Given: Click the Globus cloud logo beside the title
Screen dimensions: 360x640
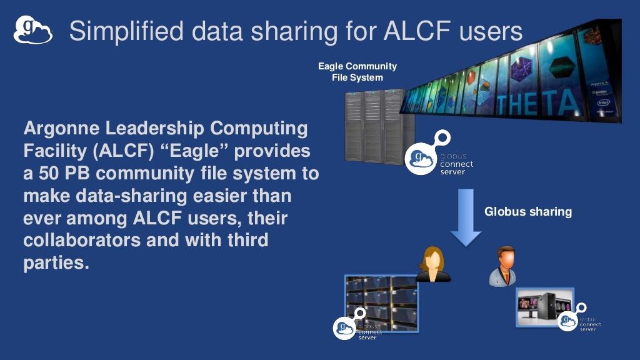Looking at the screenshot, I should (x=32, y=30).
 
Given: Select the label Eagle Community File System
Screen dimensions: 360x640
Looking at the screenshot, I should (x=357, y=72).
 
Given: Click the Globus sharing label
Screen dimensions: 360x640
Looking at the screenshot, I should (x=528, y=212).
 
